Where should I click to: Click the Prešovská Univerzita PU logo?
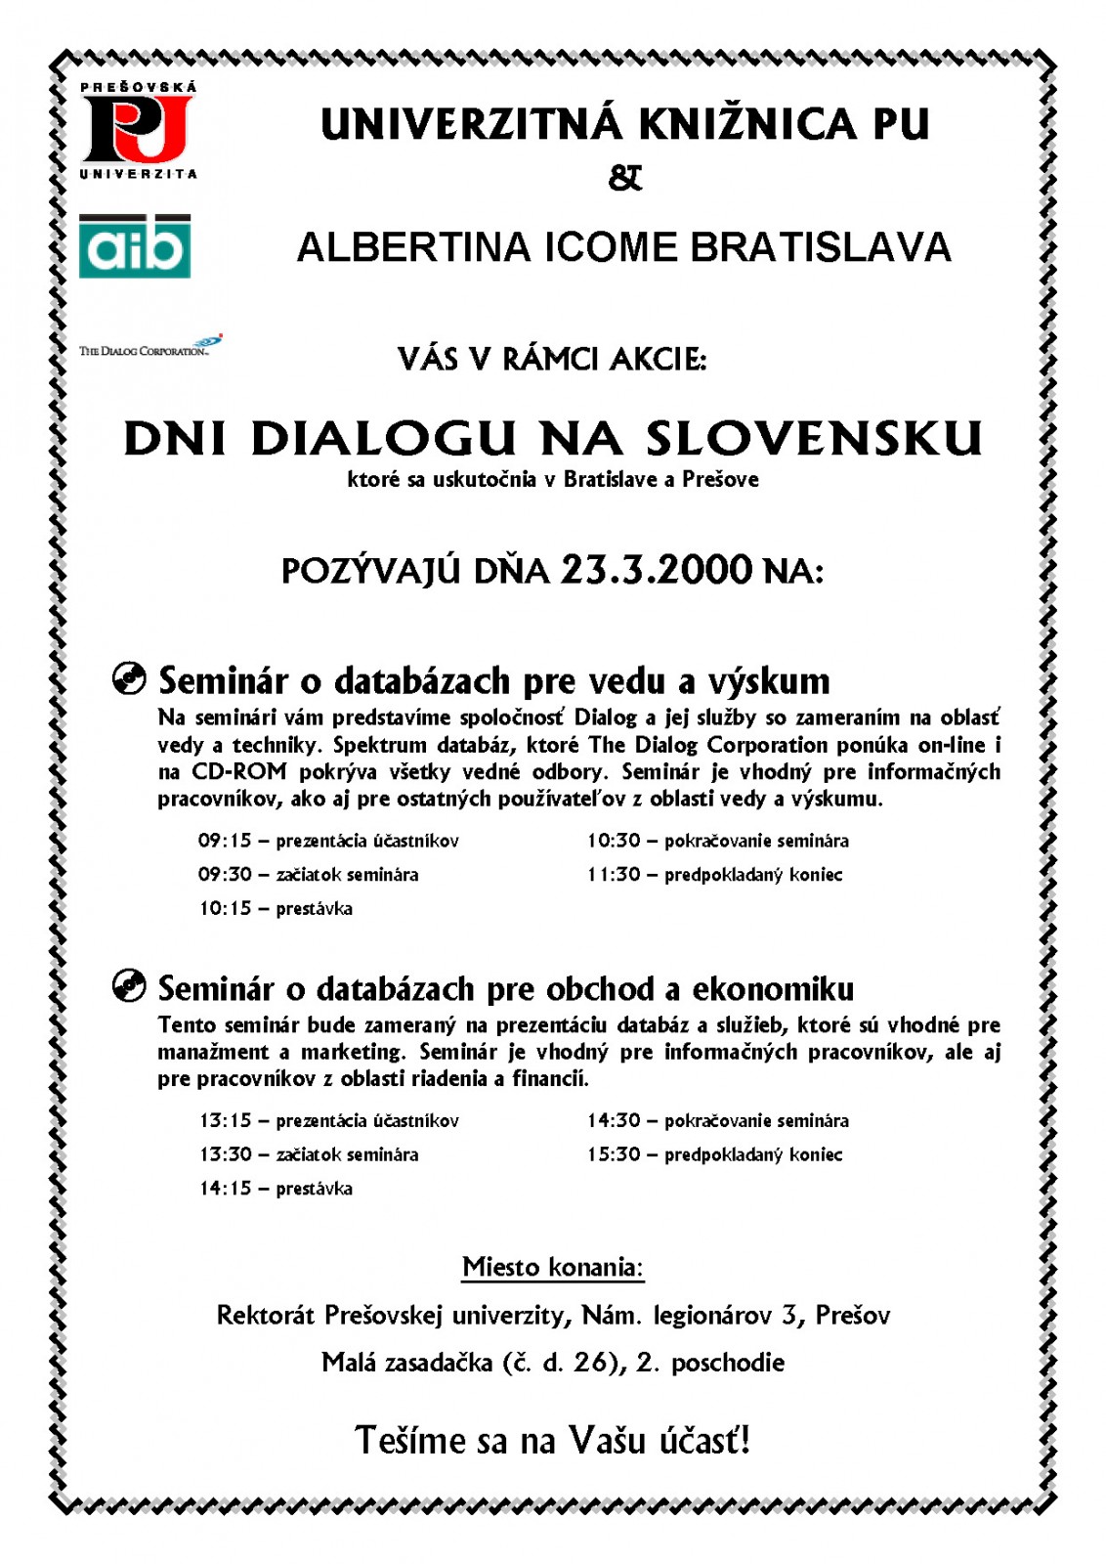click(138, 131)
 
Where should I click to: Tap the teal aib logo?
click(135, 246)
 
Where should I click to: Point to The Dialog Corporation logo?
click(150, 347)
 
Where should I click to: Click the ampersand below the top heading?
click(624, 178)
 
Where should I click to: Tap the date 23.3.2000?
click(656, 569)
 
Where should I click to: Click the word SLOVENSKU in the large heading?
click(813, 439)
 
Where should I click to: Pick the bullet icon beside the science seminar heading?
click(129, 677)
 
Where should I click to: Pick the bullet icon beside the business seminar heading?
click(129, 986)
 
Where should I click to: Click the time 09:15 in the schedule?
click(225, 841)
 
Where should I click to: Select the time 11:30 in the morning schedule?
click(613, 875)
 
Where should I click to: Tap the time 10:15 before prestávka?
click(225, 909)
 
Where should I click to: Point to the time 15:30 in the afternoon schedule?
click(613, 1154)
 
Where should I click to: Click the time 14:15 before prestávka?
click(225, 1189)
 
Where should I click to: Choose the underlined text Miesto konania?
click(553, 1268)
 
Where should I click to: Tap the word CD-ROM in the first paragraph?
click(239, 771)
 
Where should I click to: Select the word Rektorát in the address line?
click(266, 1315)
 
